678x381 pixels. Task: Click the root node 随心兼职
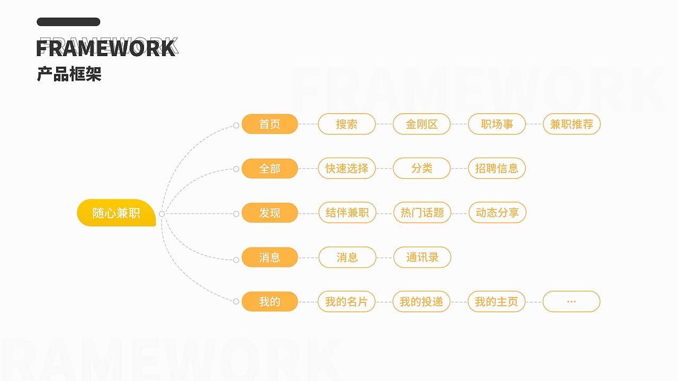tap(117, 213)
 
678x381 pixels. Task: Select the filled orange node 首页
tap(270, 124)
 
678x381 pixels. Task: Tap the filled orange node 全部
tap(270, 169)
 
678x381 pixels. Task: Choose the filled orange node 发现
tap(270, 213)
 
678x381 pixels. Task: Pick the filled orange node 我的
tap(270, 302)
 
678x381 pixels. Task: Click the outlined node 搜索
tap(346, 124)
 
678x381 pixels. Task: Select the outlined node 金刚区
tap(422, 124)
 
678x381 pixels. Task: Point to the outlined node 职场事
tap(497, 124)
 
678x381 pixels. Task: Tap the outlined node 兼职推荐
tap(572, 124)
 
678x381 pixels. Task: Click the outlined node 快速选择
tap(346, 169)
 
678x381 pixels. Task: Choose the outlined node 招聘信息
tap(497, 169)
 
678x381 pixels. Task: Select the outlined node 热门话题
tap(422, 213)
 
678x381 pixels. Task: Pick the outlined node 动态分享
tap(497, 213)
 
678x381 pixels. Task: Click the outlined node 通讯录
tap(422, 258)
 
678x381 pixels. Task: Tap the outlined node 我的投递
tap(421, 302)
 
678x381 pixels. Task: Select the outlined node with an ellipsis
tap(572, 302)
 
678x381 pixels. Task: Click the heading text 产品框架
tap(69, 74)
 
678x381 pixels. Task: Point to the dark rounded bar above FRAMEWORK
tap(68, 22)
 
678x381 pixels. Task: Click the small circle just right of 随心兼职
tap(162, 214)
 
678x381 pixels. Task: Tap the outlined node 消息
tap(347, 258)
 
